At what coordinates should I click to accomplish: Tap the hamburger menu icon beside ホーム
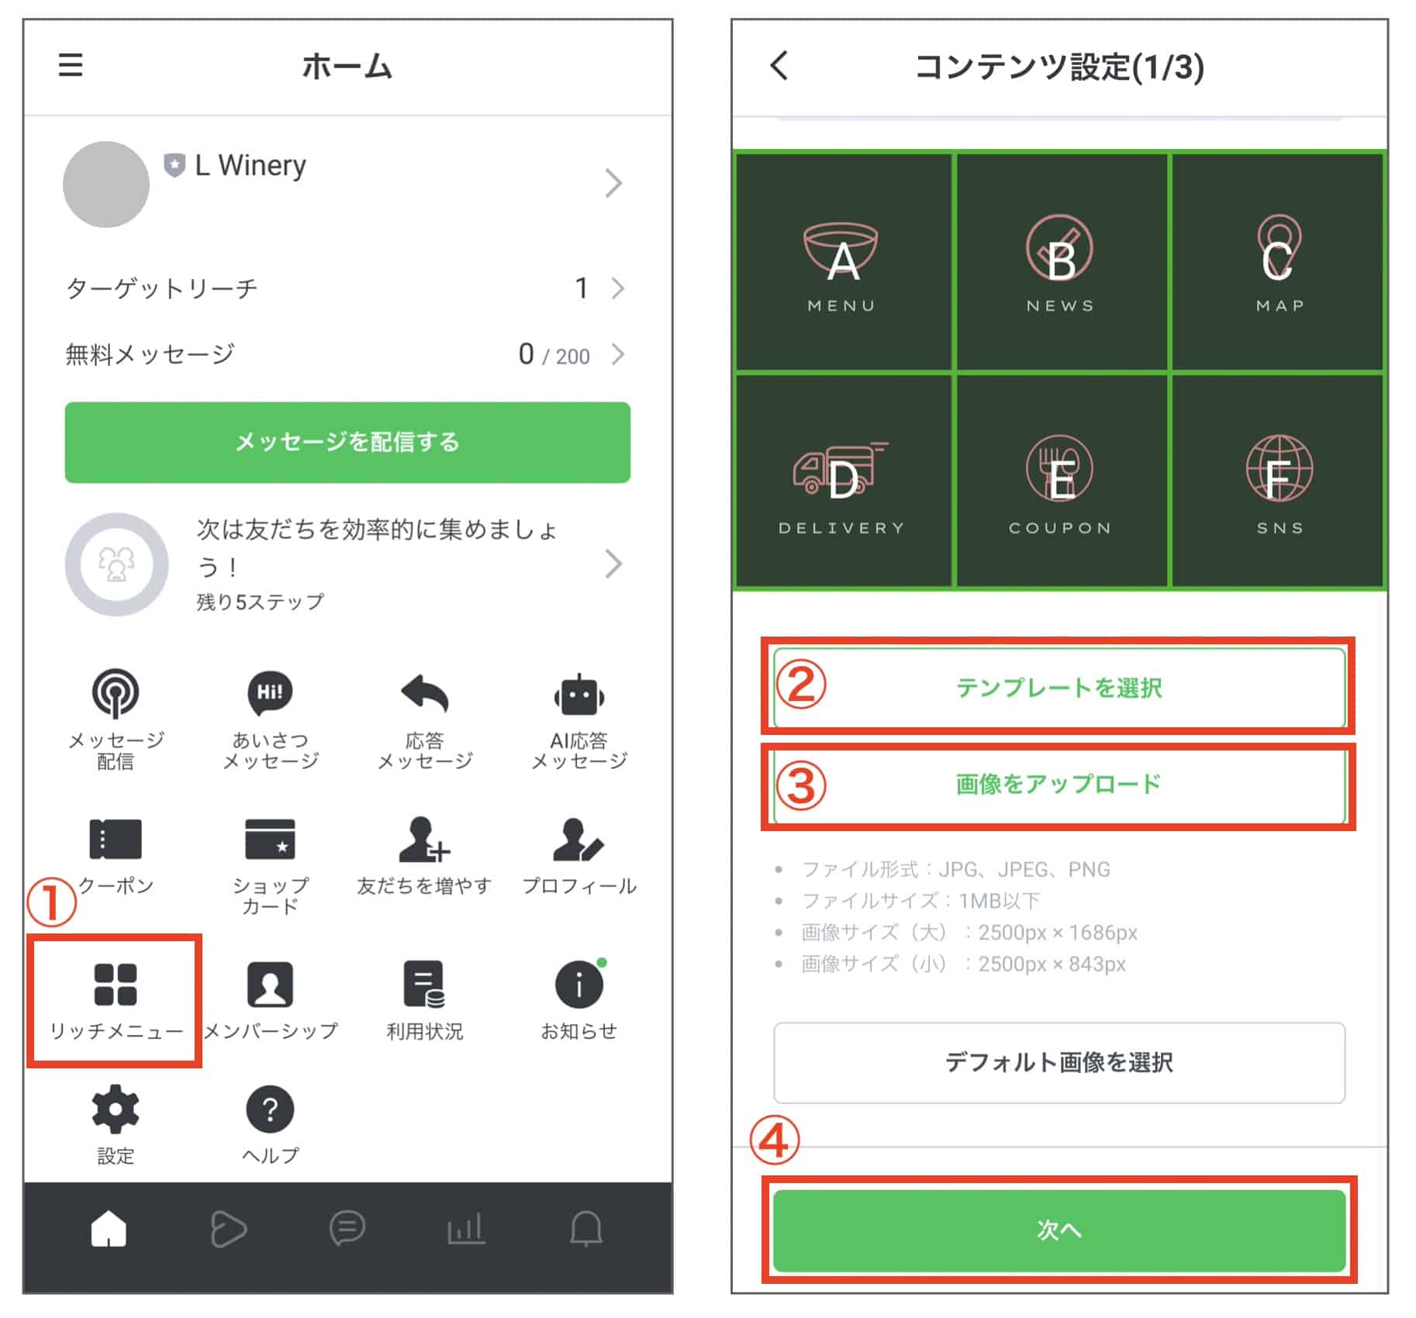pyautogui.click(x=71, y=65)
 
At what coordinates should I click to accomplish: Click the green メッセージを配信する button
pyautogui.click(x=347, y=442)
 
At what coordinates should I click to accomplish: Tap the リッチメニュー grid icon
pyautogui.click(x=115, y=984)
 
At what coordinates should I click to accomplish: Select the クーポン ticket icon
pyautogui.click(x=116, y=840)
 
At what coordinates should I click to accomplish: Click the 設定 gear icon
pyautogui.click(x=116, y=1109)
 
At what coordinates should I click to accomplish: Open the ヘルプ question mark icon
pyautogui.click(x=270, y=1109)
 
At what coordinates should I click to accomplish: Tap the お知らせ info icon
pyautogui.click(x=578, y=985)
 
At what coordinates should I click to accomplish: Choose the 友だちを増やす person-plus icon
pyautogui.click(x=423, y=840)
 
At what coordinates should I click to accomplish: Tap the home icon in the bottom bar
pyautogui.click(x=109, y=1229)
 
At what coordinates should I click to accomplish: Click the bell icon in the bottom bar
pyautogui.click(x=586, y=1229)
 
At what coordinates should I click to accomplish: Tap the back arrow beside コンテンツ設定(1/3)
pyautogui.click(x=779, y=66)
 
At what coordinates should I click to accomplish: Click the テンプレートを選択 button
pyautogui.click(x=1059, y=688)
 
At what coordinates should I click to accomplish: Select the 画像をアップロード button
pyautogui.click(x=1059, y=785)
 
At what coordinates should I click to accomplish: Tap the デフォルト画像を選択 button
pyautogui.click(x=1059, y=1062)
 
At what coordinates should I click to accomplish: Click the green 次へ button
pyautogui.click(x=1059, y=1230)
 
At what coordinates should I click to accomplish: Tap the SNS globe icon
pyautogui.click(x=1279, y=470)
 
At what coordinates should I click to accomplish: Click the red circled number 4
pyautogui.click(x=775, y=1141)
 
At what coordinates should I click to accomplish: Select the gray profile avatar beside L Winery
pyautogui.click(x=106, y=185)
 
